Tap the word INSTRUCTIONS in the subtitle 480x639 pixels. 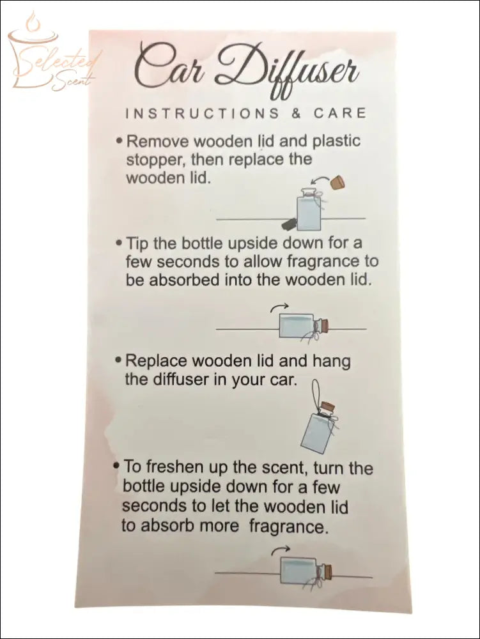[203, 113]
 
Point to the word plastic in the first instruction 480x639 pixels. [336, 141]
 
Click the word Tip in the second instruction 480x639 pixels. [139, 243]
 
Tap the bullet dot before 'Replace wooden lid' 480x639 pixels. [118, 360]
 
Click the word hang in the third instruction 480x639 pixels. [331, 362]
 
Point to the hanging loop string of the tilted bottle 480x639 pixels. [316, 391]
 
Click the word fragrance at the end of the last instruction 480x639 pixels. [288, 527]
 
